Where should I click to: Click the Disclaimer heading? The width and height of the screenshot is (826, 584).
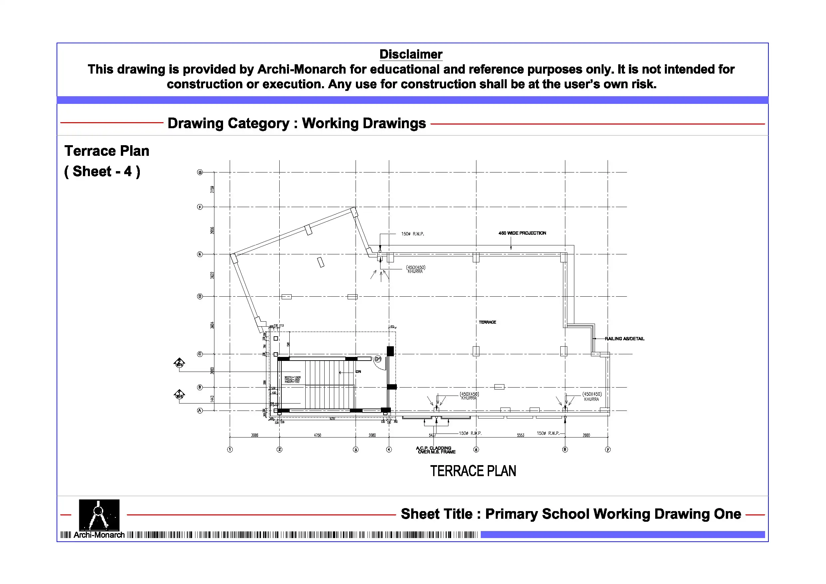(x=411, y=54)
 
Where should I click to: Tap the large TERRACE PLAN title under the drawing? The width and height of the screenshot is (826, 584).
(x=473, y=471)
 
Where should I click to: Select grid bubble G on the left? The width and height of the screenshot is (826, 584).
(x=200, y=172)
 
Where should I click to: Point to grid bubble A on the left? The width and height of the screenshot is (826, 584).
(x=200, y=411)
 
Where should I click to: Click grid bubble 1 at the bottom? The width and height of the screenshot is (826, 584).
(x=230, y=449)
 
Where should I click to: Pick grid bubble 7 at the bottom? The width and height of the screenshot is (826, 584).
(x=608, y=449)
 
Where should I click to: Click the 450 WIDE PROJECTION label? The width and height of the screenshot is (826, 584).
(x=522, y=233)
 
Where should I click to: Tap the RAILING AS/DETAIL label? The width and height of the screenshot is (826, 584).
(x=624, y=339)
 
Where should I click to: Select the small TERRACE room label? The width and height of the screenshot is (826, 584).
(x=487, y=322)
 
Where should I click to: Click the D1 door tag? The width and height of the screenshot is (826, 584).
(x=378, y=359)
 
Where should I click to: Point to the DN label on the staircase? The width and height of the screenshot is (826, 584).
(x=358, y=372)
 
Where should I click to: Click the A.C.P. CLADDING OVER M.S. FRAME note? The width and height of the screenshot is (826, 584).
(x=435, y=450)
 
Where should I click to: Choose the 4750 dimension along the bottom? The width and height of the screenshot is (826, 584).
(x=317, y=436)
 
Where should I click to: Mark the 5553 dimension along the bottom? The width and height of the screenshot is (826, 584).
(x=520, y=436)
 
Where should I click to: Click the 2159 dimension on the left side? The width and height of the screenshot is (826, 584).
(x=212, y=189)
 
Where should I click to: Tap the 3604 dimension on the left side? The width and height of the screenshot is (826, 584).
(x=212, y=325)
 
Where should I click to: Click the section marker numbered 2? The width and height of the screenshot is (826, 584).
(x=179, y=363)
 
